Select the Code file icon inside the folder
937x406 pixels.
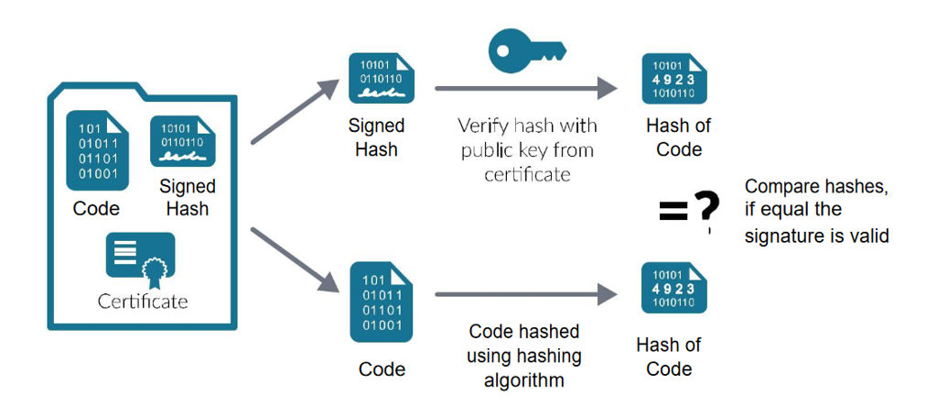click(95, 150)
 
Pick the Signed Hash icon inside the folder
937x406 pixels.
click(183, 141)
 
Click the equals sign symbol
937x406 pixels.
click(672, 213)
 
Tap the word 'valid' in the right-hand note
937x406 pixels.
click(869, 236)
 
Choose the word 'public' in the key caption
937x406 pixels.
click(489, 149)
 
